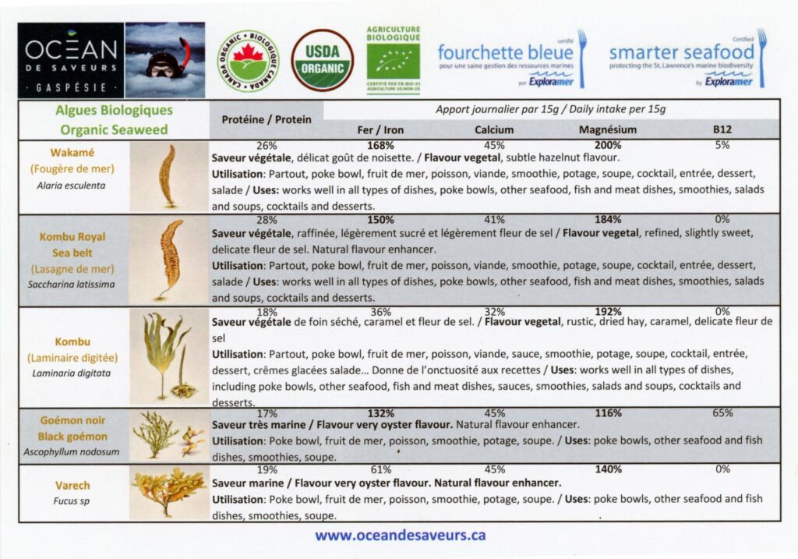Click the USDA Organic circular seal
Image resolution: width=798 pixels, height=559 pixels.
coord(322,60)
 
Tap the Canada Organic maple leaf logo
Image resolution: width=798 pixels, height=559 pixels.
coord(249,61)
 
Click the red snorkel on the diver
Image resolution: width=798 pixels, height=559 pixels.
coord(185,55)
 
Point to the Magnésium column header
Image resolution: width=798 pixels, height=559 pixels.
coord(608,130)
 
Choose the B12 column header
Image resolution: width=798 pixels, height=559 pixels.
coord(722,130)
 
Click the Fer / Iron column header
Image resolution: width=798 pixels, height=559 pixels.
coord(380,130)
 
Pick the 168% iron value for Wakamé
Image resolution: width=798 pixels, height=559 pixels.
coord(380,146)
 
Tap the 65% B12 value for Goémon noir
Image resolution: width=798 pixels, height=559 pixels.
coord(722,413)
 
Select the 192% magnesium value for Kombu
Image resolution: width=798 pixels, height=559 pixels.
coord(608,312)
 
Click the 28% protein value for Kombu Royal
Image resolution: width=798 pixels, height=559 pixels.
coord(267,220)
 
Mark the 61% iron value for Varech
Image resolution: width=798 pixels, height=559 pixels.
coord(380,469)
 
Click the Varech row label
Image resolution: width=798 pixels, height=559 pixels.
coord(72,486)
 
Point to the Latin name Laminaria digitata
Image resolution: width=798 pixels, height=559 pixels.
coord(71,373)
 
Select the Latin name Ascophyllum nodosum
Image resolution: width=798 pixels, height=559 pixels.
coord(71,452)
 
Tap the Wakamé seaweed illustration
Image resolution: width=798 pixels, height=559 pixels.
coord(168,175)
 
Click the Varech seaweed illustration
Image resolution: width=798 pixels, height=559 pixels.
coord(168,492)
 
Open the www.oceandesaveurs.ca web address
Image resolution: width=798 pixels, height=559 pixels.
coord(400,536)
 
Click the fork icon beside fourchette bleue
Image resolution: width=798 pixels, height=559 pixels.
coord(581,58)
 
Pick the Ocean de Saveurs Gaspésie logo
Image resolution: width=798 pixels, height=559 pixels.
coord(71,60)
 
